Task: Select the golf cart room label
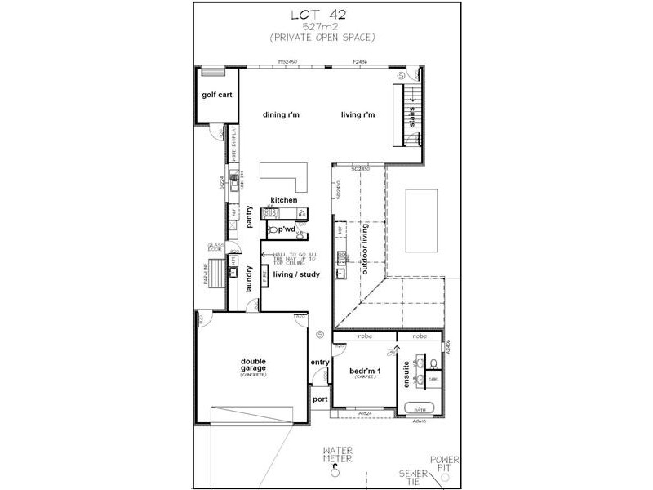[x=217, y=95]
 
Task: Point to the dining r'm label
[x=281, y=115]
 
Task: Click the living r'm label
[x=358, y=115]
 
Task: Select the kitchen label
[x=284, y=200]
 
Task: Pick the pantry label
[x=251, y=220]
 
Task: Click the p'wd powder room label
[x=287, y=230]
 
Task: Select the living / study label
[x=296, y=274]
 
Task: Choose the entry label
[x=319, y=363]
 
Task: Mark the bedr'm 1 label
[x=364, y=372]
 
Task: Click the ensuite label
[x=406, y=375]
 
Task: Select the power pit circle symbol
[x=445, y=479]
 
